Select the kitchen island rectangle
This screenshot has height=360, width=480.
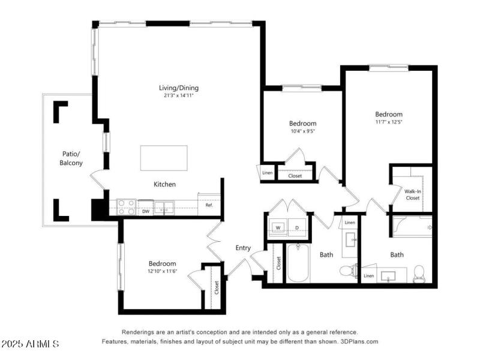pos(164,158)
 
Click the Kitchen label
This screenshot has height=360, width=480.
pos(164,184)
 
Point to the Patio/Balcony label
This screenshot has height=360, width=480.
pos(71,158)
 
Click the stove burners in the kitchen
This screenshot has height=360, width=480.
pos(127,207)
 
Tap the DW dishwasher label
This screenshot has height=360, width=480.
pos(146,211)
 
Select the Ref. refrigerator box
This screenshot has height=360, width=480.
pos(209,205)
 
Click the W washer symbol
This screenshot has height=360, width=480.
pos(278,227)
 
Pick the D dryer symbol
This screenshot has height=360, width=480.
pos(298,227)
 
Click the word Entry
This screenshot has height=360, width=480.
pos(243,247)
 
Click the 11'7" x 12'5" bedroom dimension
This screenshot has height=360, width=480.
pos(389,122)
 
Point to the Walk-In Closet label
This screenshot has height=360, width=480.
pos(412,194)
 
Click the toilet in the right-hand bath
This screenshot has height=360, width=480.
pos(419,273)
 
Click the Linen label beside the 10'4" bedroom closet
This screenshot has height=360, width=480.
pos(267,174)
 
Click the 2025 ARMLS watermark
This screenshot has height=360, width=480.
pos(30,344)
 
